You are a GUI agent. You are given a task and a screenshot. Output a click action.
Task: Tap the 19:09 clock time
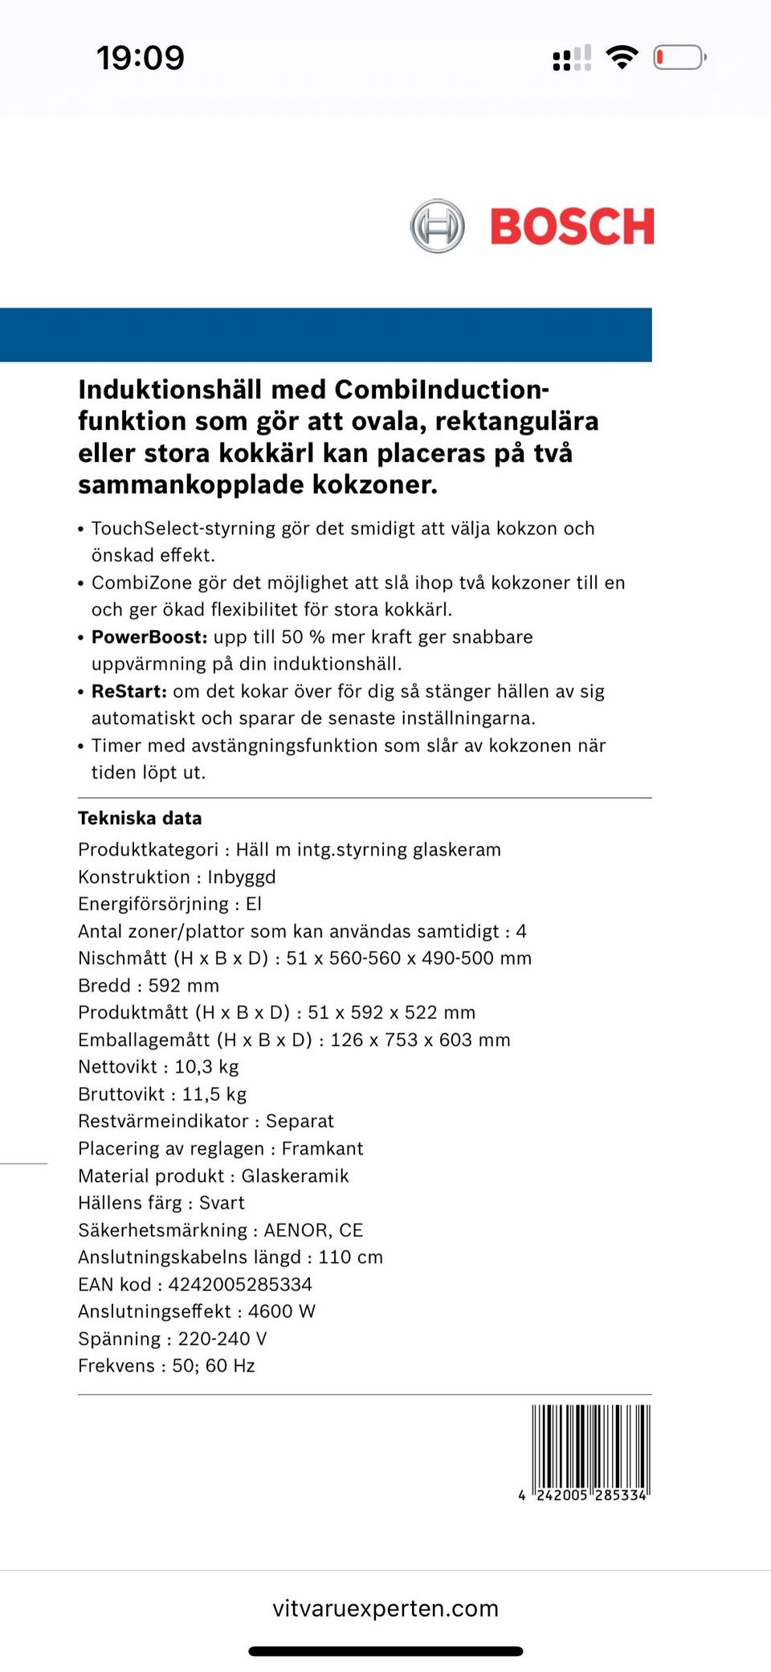141,58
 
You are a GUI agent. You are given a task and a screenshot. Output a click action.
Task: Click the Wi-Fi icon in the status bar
622,58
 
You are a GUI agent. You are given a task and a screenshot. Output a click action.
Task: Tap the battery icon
679,58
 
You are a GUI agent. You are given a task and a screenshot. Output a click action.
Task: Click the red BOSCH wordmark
572,227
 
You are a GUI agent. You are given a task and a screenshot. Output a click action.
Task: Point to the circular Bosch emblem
437,226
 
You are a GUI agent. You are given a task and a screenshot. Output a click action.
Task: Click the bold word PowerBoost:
149,637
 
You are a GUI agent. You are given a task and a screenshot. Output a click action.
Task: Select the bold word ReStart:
129,692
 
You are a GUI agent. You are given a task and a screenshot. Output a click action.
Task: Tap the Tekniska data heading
140,818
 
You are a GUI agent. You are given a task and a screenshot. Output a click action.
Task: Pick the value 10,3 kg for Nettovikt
206,1067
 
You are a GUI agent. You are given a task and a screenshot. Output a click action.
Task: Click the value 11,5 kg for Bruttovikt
214,1094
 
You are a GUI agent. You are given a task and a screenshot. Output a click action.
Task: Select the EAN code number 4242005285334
239,1285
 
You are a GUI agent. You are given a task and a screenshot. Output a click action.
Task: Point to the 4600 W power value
281,1311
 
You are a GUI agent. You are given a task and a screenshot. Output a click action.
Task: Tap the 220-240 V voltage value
222,1339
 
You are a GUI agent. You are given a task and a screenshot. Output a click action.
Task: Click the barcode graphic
590,1446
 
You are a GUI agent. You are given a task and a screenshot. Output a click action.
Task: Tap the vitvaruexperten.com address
385,1609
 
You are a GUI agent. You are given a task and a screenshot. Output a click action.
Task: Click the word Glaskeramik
295,1176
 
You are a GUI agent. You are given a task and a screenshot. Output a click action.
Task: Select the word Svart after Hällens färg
222,1203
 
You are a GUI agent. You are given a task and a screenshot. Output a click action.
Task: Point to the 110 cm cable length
350,1257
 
